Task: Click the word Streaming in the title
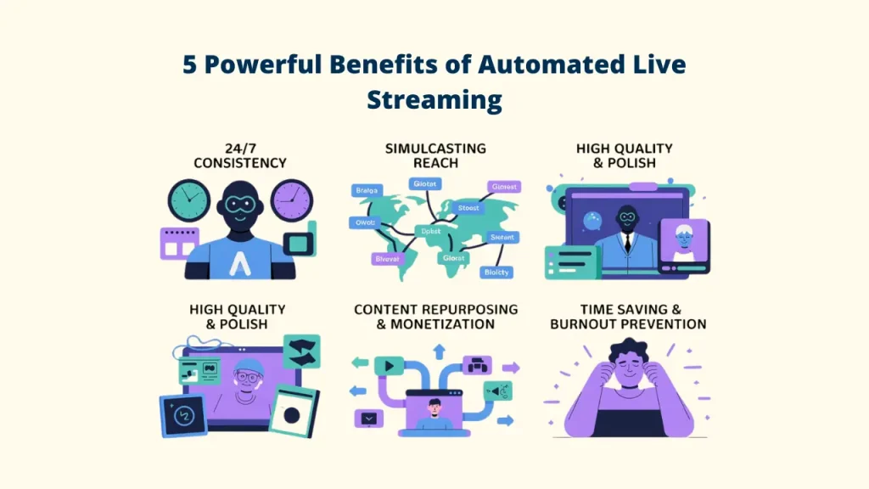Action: pos(434,99)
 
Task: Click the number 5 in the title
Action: pos(190,65)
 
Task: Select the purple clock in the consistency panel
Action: pos(291,201)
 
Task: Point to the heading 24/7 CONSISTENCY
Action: pos(239,155)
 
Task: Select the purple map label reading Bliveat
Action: pos(386,258)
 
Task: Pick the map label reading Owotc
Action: pos(363,223)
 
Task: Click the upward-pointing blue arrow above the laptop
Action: pos(440,350)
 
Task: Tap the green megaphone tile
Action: pos(496,391)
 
